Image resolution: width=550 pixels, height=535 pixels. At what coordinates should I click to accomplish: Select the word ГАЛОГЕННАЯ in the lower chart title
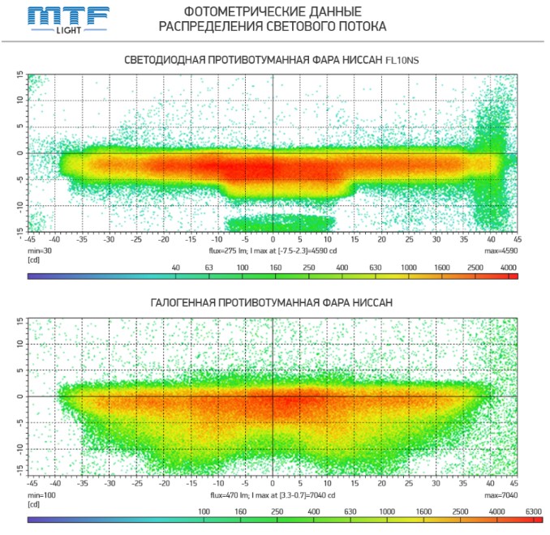[190, 303]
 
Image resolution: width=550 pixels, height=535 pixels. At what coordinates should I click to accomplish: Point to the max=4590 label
[501, 250]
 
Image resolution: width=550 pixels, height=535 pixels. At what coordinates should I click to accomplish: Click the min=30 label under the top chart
[40, 250]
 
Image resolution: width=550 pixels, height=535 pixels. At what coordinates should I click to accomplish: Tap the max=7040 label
[501, 494]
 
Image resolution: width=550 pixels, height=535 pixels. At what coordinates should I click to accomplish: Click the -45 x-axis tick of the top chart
[30, 240]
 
